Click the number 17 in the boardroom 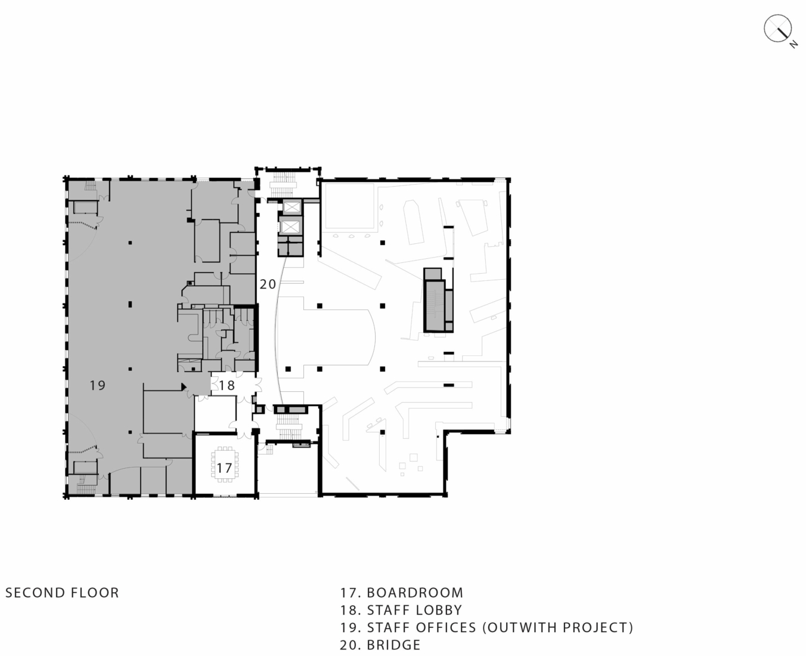point(224,468)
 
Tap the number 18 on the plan point(227,385)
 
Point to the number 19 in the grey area point(97,385)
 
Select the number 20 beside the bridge point(268,284)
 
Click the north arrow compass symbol point(777,29)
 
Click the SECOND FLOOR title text point(62,593)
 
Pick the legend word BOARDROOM point(415,593)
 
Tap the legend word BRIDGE point(393,645)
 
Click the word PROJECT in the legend point(594,627)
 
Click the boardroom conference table point(224,465)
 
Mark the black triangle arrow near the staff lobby point(184,387)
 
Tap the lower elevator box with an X point(290,227)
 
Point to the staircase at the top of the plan point(283,185)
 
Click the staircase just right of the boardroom point(290,426)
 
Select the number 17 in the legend point(348,593)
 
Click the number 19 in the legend point(348,627)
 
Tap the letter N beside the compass point(794,44)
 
